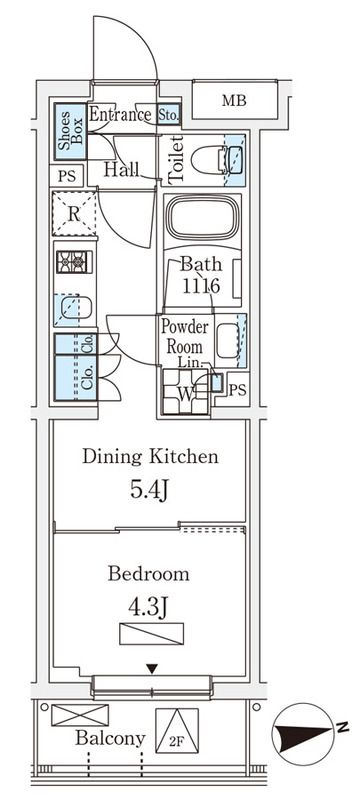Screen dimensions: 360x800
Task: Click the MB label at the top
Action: click(x=234, y=101)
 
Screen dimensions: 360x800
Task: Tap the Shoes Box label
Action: click(x=70, y=131)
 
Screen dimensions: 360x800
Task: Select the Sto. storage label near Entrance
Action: click(x=168, y=114)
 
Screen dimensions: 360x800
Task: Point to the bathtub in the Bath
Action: click(x=203, y=218)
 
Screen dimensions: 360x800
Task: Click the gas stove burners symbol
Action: click(x=71, y=263)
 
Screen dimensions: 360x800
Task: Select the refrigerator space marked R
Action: click(x=74, y=213)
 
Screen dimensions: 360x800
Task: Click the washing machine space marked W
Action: click(x=186, y=391)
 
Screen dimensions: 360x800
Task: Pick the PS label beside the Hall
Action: click(x=66, y=177)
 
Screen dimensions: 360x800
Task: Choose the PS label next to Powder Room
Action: click(x=238, y=391)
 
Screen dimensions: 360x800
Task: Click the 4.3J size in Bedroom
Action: click(x=149, y=608)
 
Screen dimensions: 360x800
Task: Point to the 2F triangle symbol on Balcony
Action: click(x=177, y=731)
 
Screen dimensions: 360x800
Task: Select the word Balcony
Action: click(x=110, y=738)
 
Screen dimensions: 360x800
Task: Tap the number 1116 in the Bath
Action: click(x=201, y=286)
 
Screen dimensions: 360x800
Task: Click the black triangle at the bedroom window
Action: click(x=151, y=668)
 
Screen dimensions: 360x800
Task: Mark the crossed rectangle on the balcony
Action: click(x=80, y=715)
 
